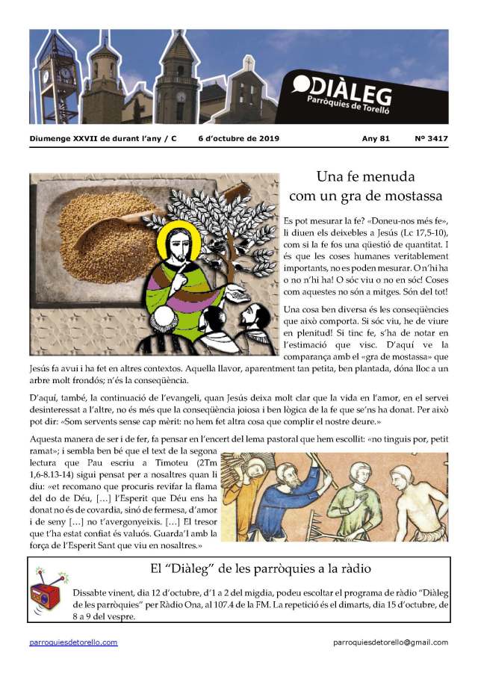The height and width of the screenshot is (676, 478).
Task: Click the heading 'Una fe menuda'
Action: point(366,177)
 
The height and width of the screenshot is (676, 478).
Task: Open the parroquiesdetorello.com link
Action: point(73,642)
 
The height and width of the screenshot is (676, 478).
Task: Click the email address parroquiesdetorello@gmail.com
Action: point(391,642)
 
